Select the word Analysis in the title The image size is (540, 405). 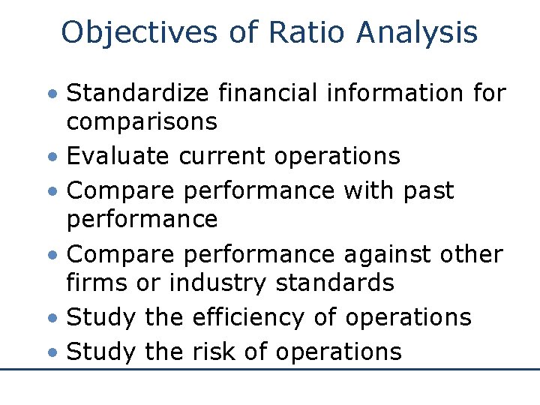418,33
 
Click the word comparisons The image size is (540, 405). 142,121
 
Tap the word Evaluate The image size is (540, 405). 118,155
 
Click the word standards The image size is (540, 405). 334,283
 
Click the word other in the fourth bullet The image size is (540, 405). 471,255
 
